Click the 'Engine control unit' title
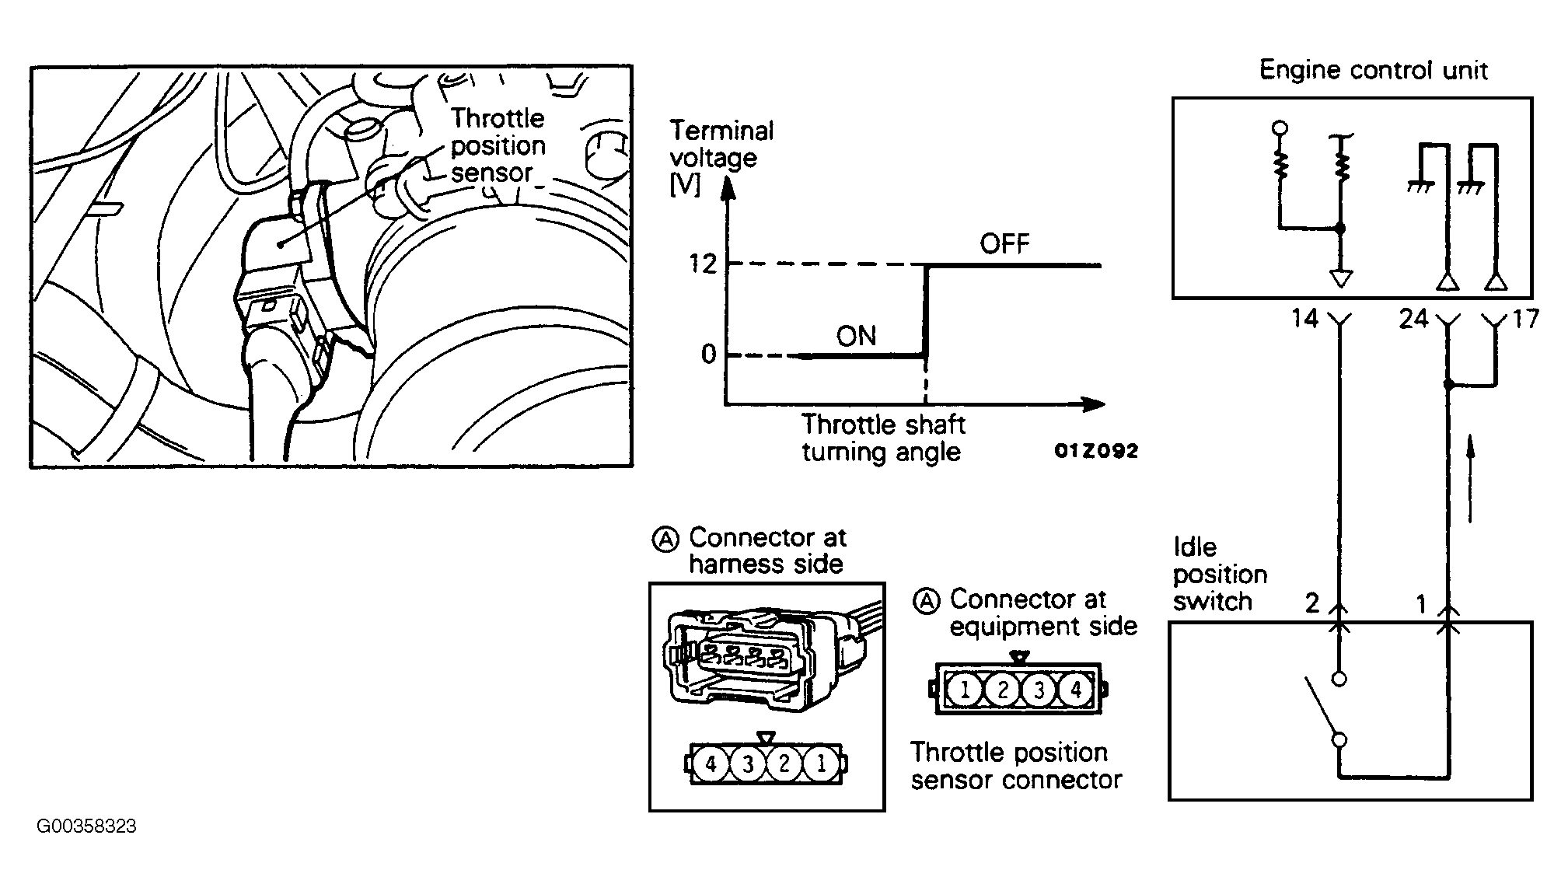tap(1373, 70)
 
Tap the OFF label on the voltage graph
tap(1004, 244)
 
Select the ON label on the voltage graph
tap(856, 336)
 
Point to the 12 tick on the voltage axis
tap(702, 264)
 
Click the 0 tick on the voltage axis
tap(708, 355)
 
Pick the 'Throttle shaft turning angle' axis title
tap(883, 439)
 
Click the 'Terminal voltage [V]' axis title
tap(721, 158)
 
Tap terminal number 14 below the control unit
tap(1304, 318)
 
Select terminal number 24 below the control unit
tap(1413, 318)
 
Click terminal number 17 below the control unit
tap(1525, 318)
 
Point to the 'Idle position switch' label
tap(1219, 575)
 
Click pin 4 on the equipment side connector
tap(1076, 689)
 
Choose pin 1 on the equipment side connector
tap(964, 689)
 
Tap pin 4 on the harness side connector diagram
tap(711, 764)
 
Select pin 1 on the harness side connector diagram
tap(821, 764)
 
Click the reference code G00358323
tap(86, 826)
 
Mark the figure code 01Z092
tap(1096, 451)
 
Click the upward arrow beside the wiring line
tap(1470, 478)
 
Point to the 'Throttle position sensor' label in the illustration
tap(498, 145)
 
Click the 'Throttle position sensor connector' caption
tap(1016, 766)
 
